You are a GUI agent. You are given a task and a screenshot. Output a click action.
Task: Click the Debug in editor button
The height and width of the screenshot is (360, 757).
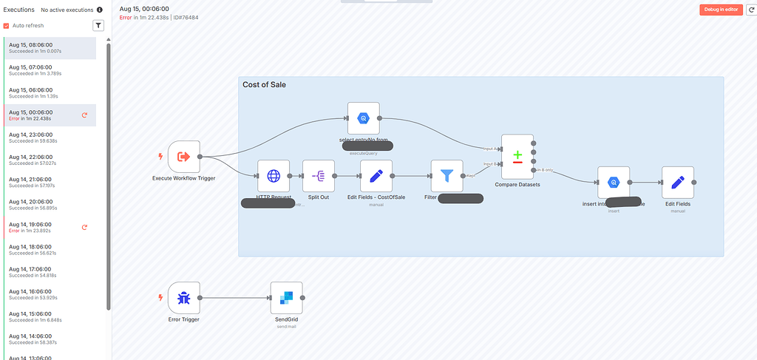click(x=721, y=10)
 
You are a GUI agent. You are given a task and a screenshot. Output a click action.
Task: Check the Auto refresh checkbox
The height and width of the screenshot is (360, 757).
click(x=7, y=26)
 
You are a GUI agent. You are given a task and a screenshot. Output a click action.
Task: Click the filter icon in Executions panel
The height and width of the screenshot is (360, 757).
click(x=98, y=26)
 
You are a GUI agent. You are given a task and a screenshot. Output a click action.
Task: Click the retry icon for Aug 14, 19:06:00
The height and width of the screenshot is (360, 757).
click(x=84, y=227)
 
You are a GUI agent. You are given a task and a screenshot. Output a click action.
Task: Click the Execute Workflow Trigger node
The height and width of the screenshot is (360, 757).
click(x=184, y=157)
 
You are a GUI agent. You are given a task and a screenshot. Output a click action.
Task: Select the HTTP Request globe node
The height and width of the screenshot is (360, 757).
click(x=274, y=176)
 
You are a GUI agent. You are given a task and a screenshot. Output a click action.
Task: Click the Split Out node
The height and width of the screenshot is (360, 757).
click(x=319, y=176)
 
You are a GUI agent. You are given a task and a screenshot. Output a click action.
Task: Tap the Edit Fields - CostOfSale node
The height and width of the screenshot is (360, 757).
click(x=376, y=176)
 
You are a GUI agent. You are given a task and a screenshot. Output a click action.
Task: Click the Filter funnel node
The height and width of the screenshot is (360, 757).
click(x=447, y=176)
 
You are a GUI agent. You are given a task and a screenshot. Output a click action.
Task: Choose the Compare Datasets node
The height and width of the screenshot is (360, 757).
click(x=517, y=157)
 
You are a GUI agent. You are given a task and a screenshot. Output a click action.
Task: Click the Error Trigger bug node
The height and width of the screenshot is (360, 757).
click(x=184, y=298)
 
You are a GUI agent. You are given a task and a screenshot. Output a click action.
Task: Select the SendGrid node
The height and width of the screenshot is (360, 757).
click(x=286, y=298)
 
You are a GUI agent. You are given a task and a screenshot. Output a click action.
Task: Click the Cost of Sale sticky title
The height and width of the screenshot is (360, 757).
click(x=264, y=85)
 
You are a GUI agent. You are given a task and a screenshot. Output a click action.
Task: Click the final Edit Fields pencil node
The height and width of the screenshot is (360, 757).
click(x=677, y=182)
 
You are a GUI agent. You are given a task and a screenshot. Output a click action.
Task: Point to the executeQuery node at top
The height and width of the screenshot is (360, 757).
click(x=363, y=118)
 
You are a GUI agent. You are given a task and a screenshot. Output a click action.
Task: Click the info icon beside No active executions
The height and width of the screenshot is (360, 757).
click(x=100, y=10)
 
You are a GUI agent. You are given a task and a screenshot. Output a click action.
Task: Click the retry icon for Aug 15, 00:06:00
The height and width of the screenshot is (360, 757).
click(x=84, y=115)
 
